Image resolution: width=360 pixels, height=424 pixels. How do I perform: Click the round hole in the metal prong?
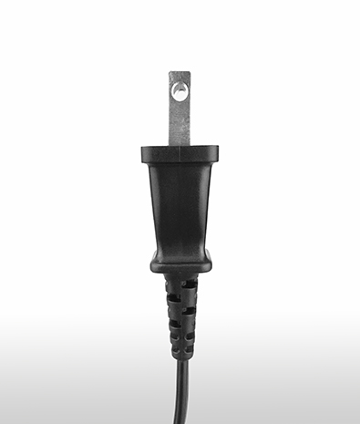180,90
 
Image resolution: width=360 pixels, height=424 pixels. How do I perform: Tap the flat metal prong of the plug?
180,114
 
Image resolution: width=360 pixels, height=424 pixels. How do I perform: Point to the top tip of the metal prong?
180,73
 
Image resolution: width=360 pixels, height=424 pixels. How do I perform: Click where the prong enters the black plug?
180,144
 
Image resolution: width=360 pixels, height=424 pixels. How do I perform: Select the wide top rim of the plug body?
180,154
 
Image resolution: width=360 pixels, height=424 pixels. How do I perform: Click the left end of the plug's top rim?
144,154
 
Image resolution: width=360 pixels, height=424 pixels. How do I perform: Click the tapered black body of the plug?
180,205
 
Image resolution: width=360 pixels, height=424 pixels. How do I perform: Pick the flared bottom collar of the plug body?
180,263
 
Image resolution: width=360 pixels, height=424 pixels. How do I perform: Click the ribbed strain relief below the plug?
180,315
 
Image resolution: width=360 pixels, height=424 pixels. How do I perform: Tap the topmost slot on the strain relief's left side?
169,284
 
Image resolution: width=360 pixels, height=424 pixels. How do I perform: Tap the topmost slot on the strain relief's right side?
190,284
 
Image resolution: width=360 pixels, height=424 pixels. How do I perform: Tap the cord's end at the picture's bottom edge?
180,421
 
